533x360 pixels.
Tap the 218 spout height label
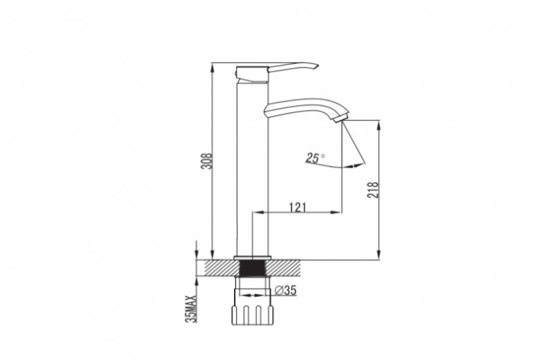[373, 190]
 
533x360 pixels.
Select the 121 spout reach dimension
[298, 207]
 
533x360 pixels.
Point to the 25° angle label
[315, 158]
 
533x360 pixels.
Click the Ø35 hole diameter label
[285, 290]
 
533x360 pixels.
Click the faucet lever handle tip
[316, 66]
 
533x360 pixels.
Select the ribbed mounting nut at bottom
[253, 315]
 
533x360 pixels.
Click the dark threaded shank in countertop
[253, 268]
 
